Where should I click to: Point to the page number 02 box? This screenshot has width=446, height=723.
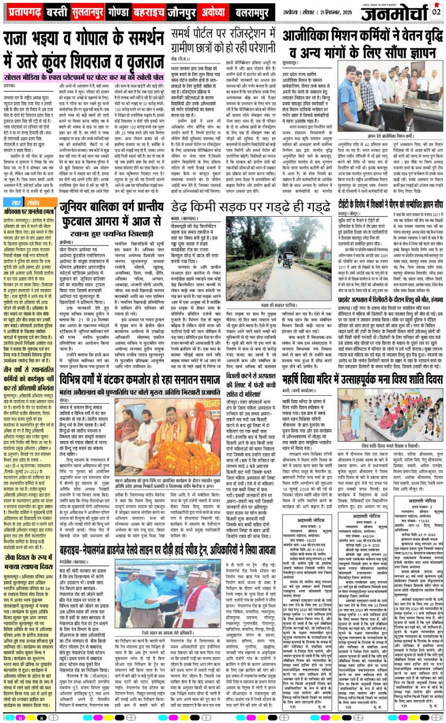click(x=437, y=12)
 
